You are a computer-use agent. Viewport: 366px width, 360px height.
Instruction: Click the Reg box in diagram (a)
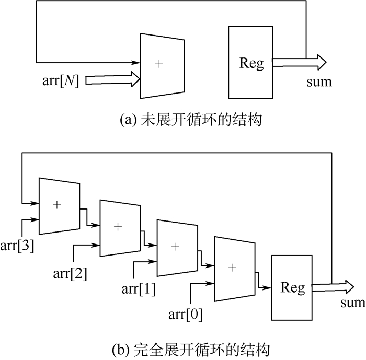click(250, 62)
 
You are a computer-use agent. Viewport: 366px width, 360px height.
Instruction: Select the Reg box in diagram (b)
click(292, 287)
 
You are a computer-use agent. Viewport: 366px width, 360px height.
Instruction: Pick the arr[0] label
click(185, 315)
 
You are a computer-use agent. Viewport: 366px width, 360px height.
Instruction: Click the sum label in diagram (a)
click(319, 82)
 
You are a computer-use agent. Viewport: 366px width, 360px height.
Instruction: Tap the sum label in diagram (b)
click(352, 304)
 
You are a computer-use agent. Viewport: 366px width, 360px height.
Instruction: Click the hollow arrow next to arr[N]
click(112, 79)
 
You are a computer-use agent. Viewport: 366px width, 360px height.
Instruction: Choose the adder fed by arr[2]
click(120, 227)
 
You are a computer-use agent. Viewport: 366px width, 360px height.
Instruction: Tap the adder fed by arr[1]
click(177, 247)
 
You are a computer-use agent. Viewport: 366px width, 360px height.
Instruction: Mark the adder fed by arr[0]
click(234, 268)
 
